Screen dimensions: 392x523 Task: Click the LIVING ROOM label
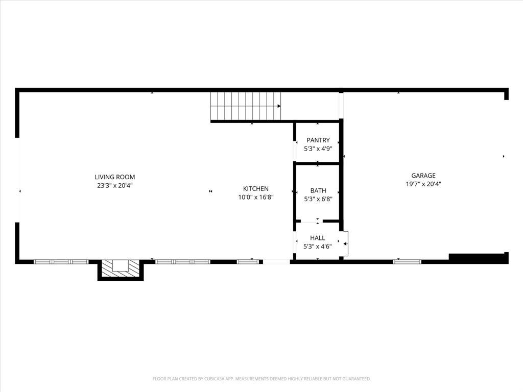pyautogui.click(x=115, y=177)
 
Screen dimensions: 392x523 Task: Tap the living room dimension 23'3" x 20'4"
pyautogui.click(x=115, y=186)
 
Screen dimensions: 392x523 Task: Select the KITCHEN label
pyautogui.click(x=255, y=188)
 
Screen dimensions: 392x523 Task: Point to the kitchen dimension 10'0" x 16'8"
pyautogui.click(x=255, y=197)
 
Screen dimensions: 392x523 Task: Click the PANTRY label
pyautogui.click(x=318, y=140)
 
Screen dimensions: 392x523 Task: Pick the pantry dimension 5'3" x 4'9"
pyautogui.click(x=318, y=149)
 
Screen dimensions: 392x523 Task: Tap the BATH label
pyautogui.click(x=318, y=190)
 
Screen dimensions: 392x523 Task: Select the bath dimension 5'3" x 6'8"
pyautogui.click(x=318, y=199)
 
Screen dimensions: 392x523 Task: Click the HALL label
pyautogui.click(x=318, y=238)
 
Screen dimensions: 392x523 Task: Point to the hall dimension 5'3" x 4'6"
pyautogui.click(x=318, y=247)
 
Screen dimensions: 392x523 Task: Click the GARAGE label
pyautogui.click(x=423, y=176)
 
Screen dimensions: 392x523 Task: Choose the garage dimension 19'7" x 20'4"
pyautogui.click(x=423, y=184)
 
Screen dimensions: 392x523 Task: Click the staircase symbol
pyautogui.click(x=245, y=106)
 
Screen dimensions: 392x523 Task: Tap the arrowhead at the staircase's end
pyautogui.click(x=279, y=106)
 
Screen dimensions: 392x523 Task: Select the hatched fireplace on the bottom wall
pyautogui.click(x=121, y=268)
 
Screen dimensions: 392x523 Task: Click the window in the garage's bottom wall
pyautogui.click(x=407, y=262)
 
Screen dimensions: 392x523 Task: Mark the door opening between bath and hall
pyautogui.click(x=318, y=222)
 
